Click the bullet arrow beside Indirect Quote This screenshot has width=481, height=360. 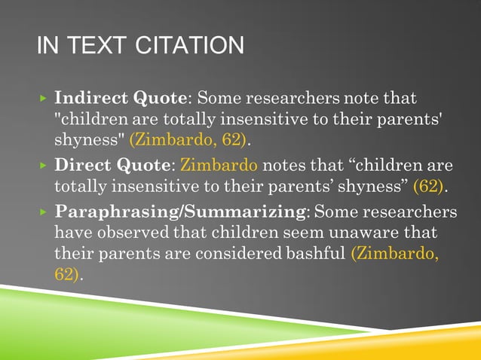point(44,99)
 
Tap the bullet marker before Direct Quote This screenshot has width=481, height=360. point(44,165)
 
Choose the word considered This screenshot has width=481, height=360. point(241,254)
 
